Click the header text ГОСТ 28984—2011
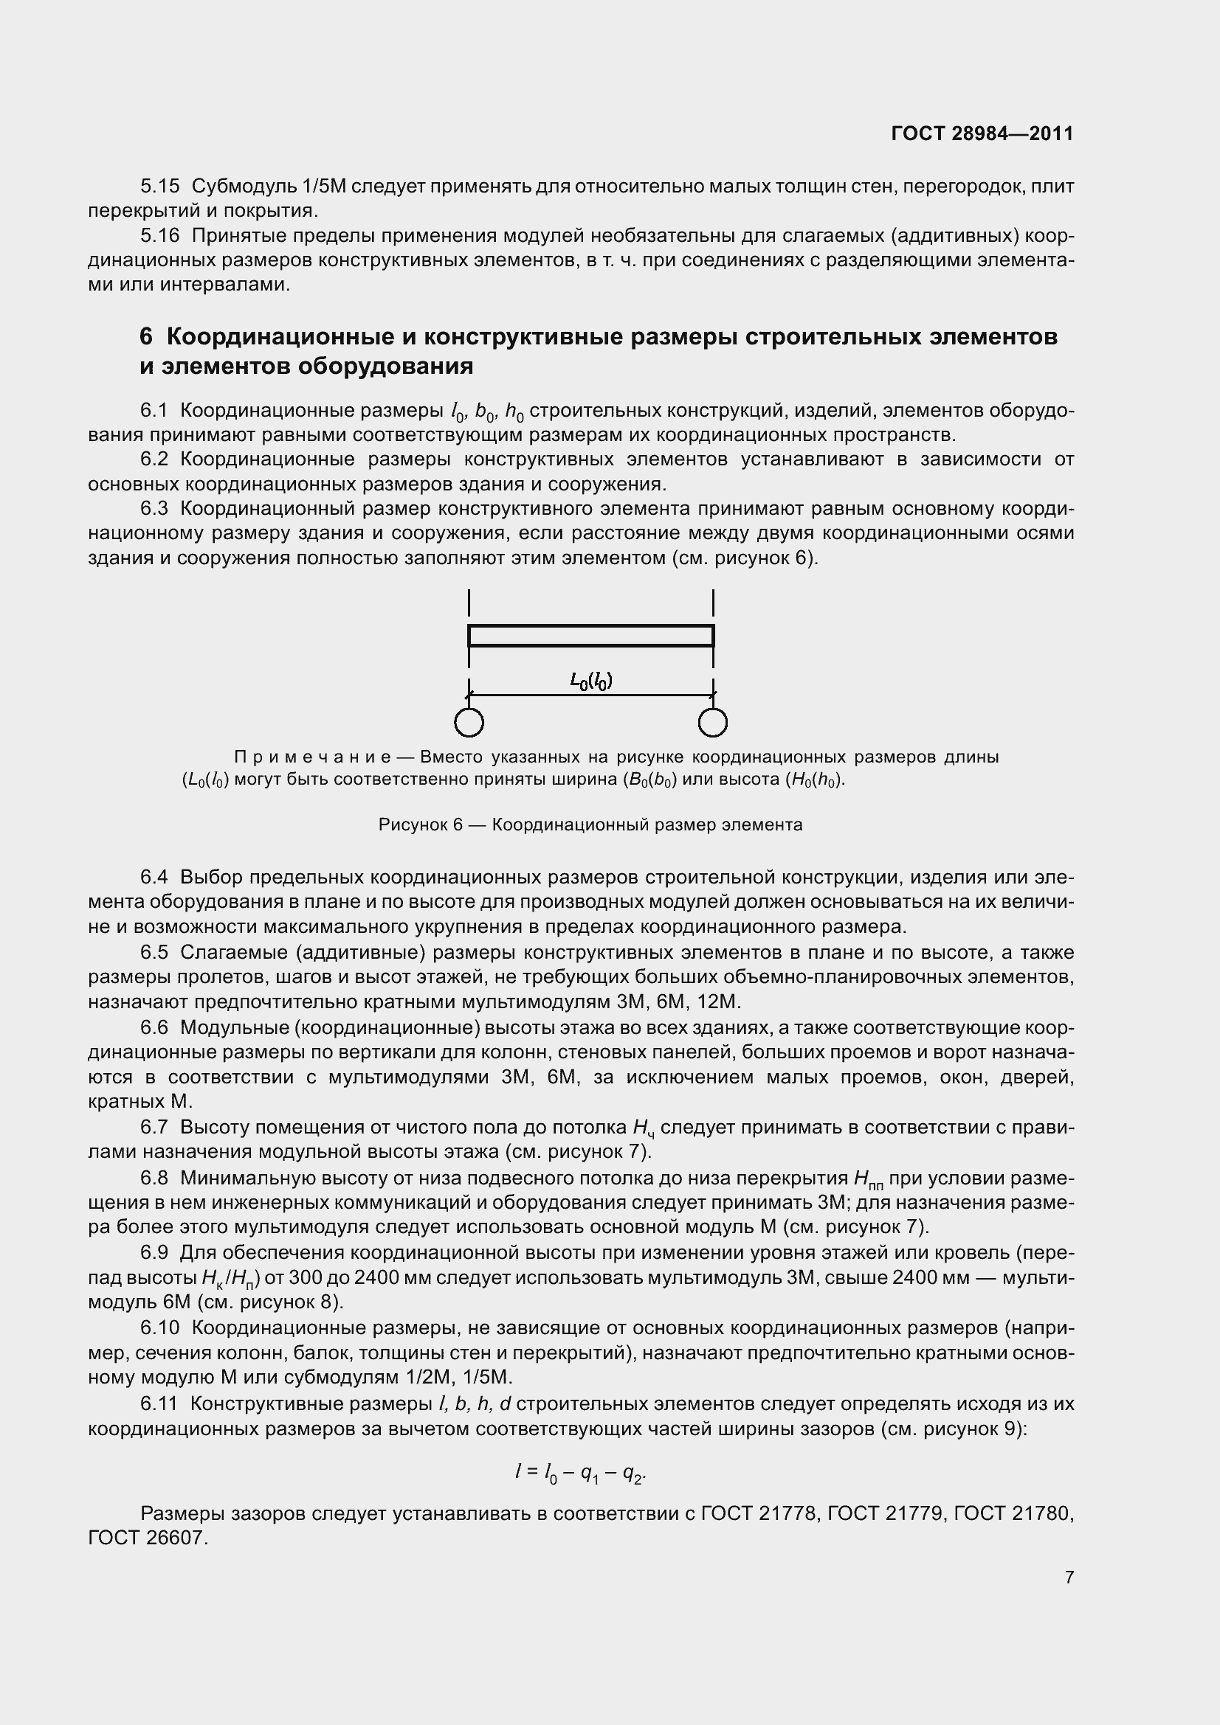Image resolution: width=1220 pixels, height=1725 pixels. pos(982,133)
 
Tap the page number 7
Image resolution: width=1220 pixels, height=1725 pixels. pos(1069,1577)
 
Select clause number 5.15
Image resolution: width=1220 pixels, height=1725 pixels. pos(159,187)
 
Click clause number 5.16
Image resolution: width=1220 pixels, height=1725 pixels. pos(159,236)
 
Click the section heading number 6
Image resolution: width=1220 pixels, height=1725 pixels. pos(146,336)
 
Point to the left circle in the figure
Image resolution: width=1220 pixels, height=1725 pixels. pos(469,723)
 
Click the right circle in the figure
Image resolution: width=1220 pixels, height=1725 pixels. pos(713,723)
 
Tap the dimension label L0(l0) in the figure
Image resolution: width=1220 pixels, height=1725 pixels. pos(591,681)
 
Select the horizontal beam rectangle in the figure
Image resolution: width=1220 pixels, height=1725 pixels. pos(591,636)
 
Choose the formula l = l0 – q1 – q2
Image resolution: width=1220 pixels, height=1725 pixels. pos(580,1474)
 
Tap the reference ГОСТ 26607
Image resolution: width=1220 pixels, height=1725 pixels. pos(148,1538)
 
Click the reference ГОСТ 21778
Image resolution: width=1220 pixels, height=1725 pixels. pos(759,1513)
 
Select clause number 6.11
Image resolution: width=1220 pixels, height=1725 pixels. pos(159,1403)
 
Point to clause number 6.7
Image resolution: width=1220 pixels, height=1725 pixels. pos(154,1127)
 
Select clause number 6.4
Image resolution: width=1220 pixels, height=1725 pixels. pos(154,877)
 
